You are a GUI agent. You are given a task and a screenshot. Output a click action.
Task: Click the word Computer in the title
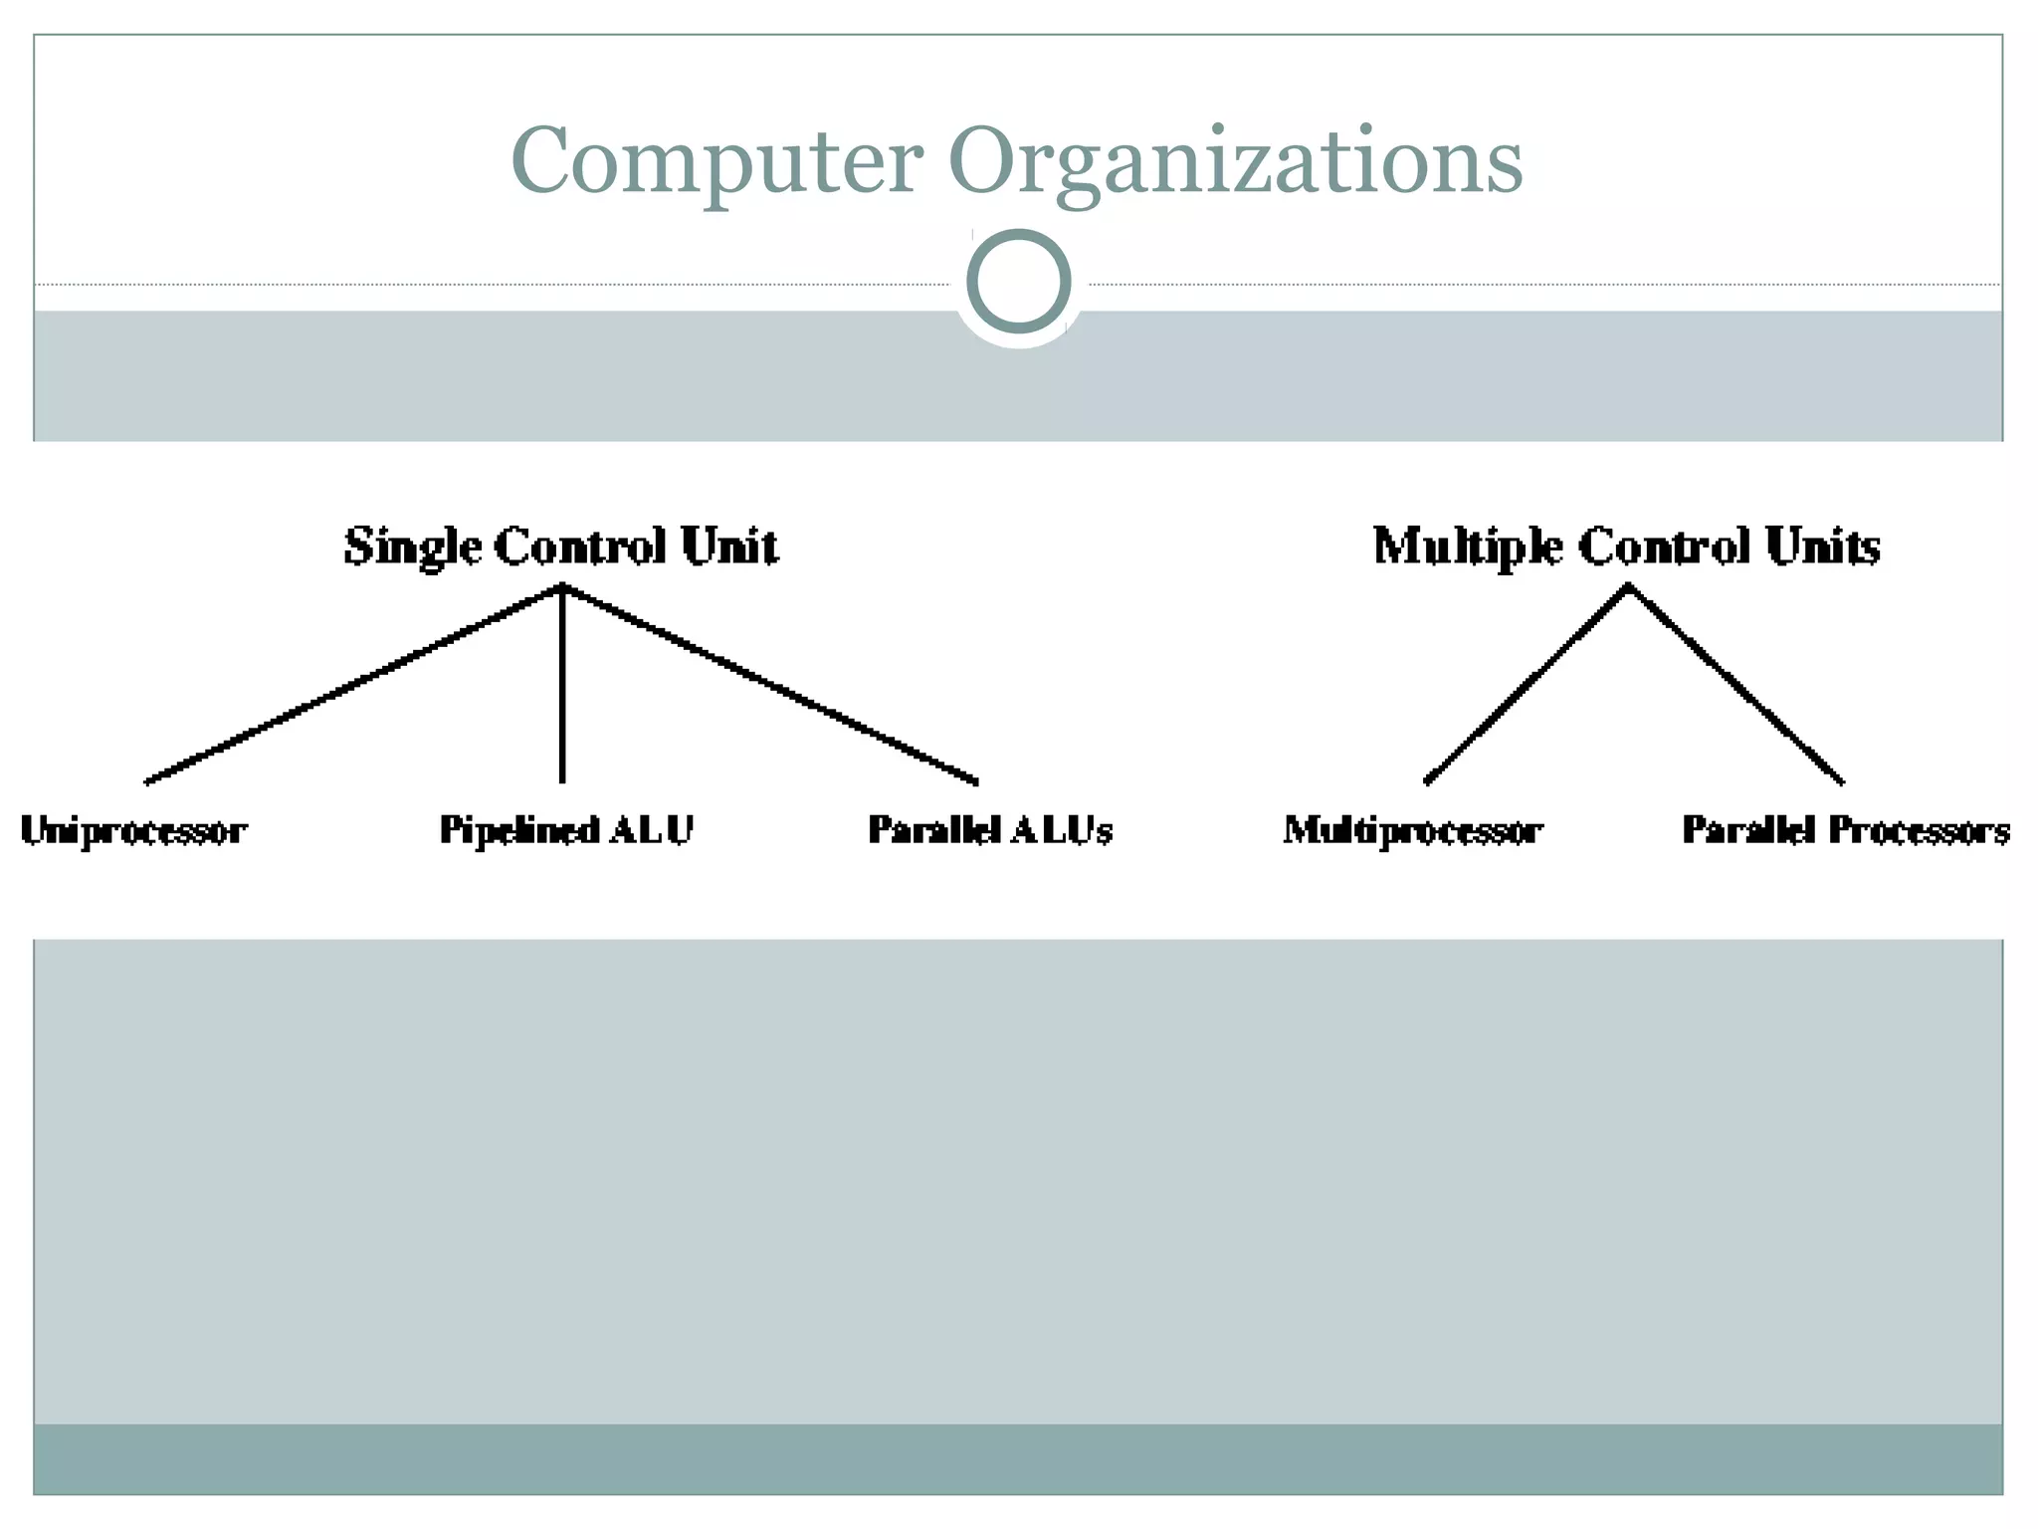click(x=716, y=161)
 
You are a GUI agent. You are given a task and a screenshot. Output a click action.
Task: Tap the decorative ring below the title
click(x=1018, y=282)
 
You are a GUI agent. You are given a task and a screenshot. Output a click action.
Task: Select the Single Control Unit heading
click(x=561, y=546)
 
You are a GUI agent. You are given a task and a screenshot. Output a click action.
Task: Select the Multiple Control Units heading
click(x=1626, y=546)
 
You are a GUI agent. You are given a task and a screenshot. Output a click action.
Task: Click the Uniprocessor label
click(x=133, y=830)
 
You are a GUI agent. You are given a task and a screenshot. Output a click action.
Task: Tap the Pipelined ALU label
click(x=565, y=830)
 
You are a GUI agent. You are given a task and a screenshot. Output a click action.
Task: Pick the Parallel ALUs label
click(x=989, y=830)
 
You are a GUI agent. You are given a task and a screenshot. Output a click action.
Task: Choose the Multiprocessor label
click(x=1412, y=830)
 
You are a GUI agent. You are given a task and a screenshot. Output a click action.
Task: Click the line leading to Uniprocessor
click(x=353, y=684)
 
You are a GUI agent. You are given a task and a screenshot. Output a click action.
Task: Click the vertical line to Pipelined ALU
click(x=562, y=687)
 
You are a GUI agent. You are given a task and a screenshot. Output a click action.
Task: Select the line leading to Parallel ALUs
click(x=771, y=684)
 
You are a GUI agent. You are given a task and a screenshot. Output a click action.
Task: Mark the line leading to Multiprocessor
click(x=1528, y=684)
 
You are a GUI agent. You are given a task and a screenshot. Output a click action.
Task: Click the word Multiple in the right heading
click(x=1467, y=547)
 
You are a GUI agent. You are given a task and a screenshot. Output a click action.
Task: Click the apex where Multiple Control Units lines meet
click(x=1628, y=588)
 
